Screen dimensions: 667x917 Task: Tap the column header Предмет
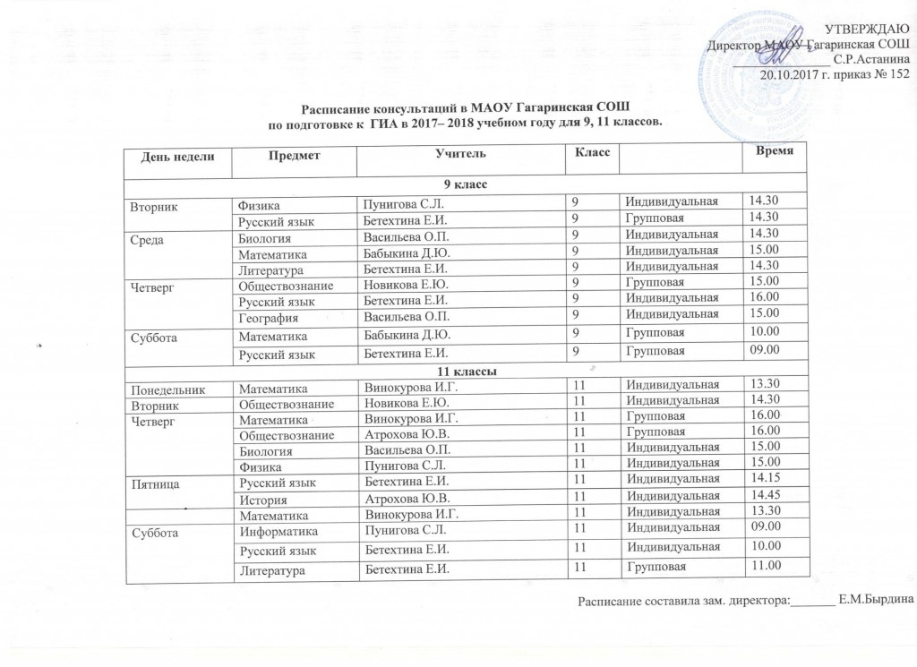point(295,154)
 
